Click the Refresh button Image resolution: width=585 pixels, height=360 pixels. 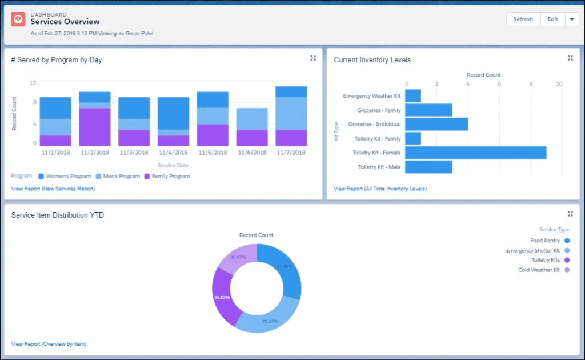(523, 19)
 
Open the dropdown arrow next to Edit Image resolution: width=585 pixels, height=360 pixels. (572, 19)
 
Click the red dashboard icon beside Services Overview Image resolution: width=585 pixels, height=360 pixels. (18, 19)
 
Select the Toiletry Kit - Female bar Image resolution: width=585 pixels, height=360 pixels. (475, 153)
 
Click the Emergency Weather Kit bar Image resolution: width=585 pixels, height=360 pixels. (413, 96)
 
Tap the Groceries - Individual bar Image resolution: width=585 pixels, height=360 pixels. (436, 124)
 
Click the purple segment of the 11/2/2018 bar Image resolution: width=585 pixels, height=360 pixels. (95, 127)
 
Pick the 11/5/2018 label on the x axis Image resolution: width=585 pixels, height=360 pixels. (213, 153)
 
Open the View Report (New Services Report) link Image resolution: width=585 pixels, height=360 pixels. (53, 189)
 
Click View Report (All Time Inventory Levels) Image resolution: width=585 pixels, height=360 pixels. (380, 189)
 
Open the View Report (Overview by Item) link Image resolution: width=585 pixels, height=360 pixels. (49, 344)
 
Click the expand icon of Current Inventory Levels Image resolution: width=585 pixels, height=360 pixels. (570, 58)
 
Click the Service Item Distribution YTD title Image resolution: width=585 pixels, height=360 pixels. (58, 215)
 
